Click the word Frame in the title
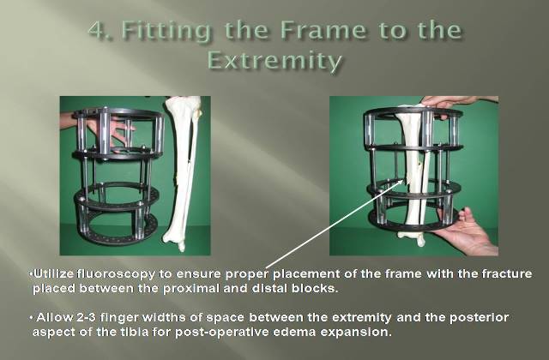pos(324,30)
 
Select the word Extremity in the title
pos(274,61)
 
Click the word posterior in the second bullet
pos(480,317)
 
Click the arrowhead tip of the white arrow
pos(405,180)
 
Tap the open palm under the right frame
pos(467,232)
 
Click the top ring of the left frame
pos(118,114)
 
